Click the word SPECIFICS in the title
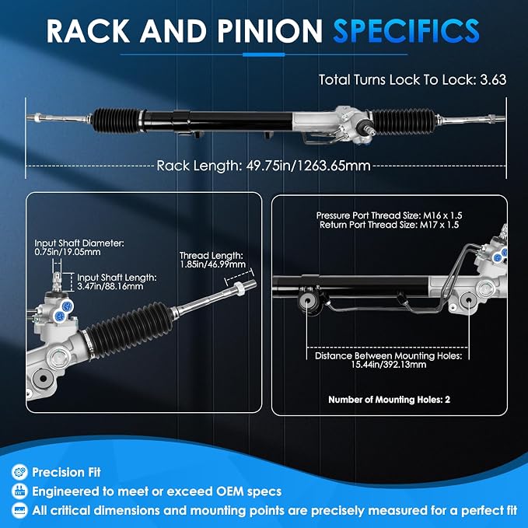406,31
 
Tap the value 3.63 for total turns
493,80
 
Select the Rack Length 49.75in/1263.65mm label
264,166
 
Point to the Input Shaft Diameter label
79,247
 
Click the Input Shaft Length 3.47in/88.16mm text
117,281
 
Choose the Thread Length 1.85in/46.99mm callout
212,260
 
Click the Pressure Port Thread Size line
389,215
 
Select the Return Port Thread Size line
389,225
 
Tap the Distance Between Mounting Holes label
388,360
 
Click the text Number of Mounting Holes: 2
389,400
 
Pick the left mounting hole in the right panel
307,300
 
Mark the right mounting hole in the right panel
469,300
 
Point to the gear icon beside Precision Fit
19,472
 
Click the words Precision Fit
66,472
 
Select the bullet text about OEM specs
157,491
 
